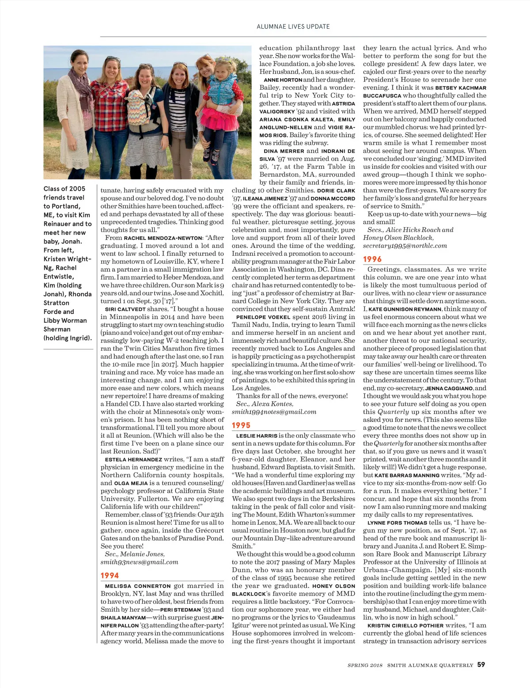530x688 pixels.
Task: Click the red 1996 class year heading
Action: [372, 259]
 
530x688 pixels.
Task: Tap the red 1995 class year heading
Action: [241, 425]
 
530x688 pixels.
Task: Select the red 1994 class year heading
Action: [110, 575]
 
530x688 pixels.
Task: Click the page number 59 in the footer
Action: [481, 665]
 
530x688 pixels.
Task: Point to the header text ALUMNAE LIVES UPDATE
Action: [293, 26]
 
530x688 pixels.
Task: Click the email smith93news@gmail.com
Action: [139, 562]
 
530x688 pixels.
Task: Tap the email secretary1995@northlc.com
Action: [405, 246]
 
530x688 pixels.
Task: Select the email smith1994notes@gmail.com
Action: [274, 412]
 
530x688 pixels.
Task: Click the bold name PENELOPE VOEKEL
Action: [263, 317]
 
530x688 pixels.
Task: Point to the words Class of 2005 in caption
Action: [64, 189]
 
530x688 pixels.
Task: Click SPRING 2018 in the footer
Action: [364, 665]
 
